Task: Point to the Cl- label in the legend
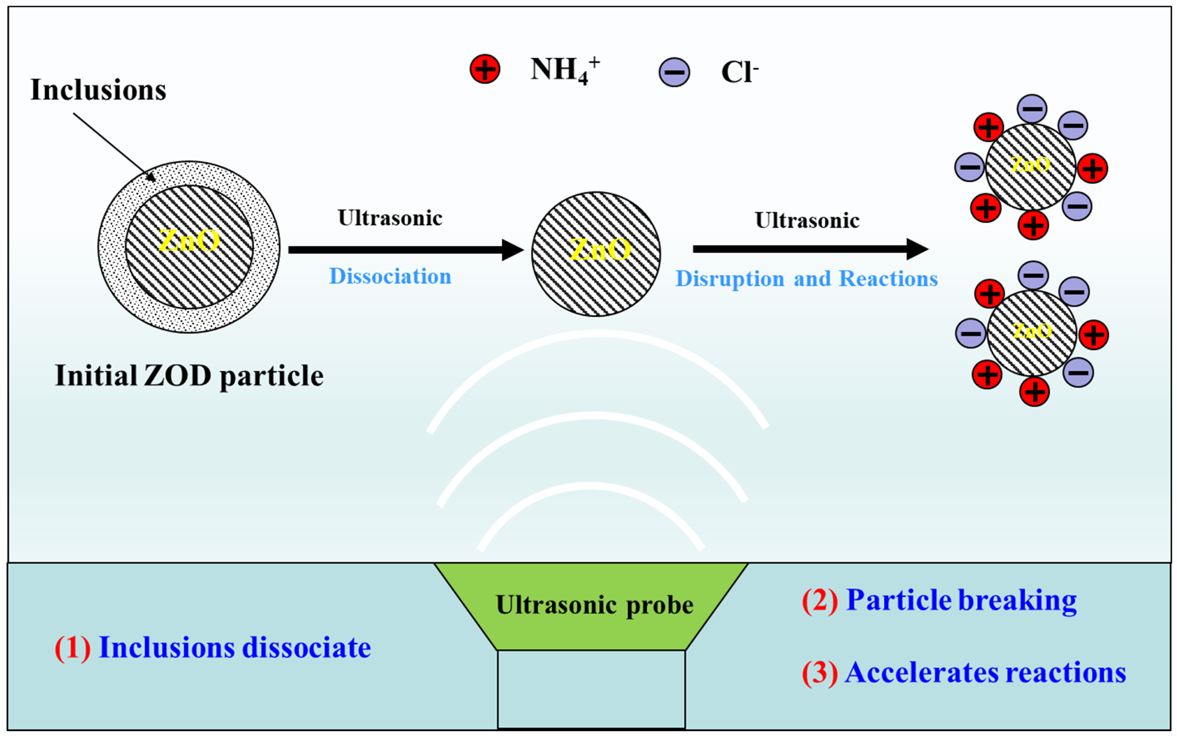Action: coord(739,72)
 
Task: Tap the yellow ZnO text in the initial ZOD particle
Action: coord(189,241)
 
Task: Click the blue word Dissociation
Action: coord(390,276)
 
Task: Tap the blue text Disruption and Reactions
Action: coord(806,279)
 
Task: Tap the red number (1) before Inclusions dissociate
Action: coord(72,648)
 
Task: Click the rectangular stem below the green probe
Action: coord(591,688)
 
